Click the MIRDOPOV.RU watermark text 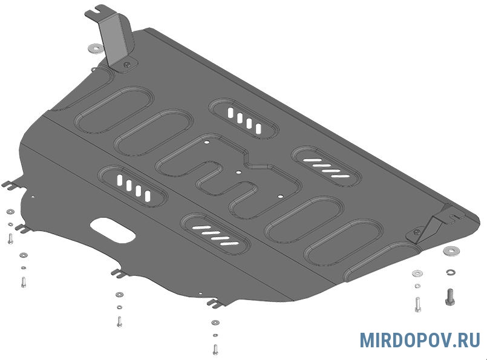pyautogui.click(x=420, y=340)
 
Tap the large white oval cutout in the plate pyautogui.click(x=113, y=230)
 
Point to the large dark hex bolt pyautogui.click(x=449, y=297)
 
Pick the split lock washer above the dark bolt pyautogui.click(x=451, y=272)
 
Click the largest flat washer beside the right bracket pyautogui.click(x=451, y=250)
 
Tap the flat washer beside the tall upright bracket pyautogui.click(x=96, y=48)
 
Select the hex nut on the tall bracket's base pyautogui.click(x=126, y=65)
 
